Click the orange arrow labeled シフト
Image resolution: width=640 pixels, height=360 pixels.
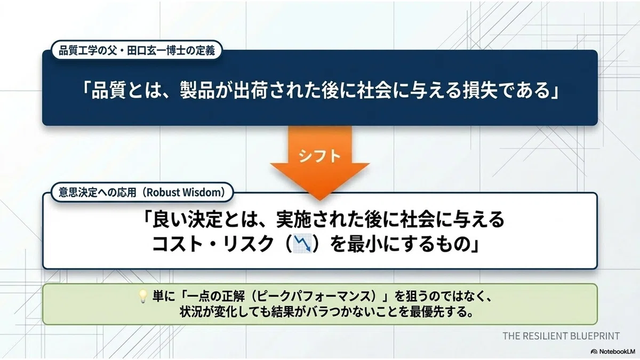coord(319,163)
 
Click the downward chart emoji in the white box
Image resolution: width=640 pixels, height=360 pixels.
coord(303,244)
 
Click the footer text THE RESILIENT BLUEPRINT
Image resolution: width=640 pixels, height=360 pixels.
coord(561,336)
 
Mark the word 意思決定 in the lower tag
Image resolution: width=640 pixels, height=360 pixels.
coord(74,193)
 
